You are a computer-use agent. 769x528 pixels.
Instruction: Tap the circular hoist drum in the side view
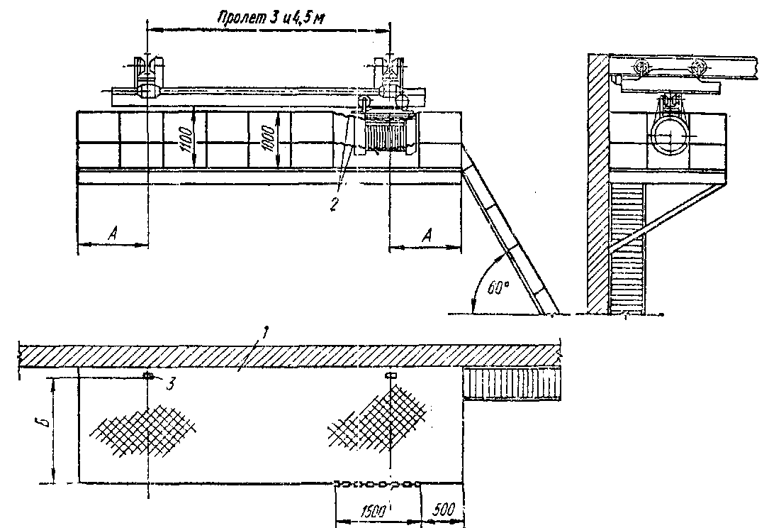click(x=668, y=134)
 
